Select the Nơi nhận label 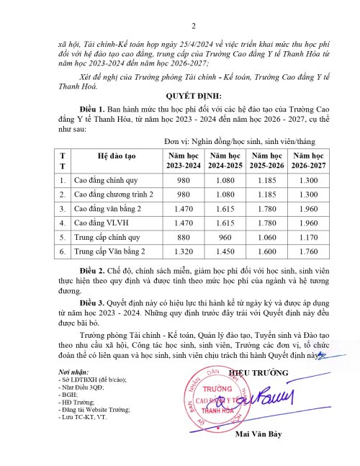point(71,370)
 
